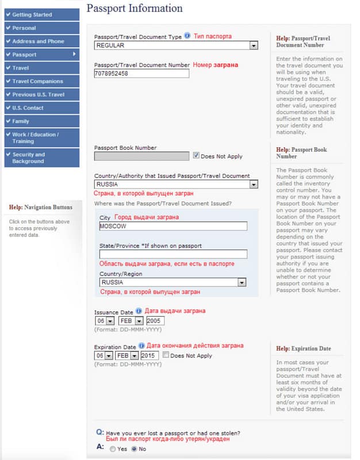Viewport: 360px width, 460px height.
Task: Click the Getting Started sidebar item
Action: [x=41, y=14]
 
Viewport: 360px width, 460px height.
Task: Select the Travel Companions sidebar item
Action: [x=41, y=81]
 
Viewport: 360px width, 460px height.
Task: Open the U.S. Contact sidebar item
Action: [x=41, y=108]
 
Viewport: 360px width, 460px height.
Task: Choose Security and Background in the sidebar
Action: [x=41, y=158]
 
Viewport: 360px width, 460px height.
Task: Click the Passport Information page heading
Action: [x=134, y=9]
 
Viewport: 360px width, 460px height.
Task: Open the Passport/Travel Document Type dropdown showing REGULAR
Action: [x=176, y=45]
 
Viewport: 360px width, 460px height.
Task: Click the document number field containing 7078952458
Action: [x=141, y=74]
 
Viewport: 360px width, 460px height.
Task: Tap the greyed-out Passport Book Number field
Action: [x=141, y=156]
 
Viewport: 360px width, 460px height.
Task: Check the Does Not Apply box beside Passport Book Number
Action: [x=197, y=155]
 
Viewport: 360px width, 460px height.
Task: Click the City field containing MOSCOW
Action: [x=173, y=226]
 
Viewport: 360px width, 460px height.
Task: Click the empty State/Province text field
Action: [x=173, y=254]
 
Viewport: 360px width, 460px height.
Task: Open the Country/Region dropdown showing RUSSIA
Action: [x=173, y=282]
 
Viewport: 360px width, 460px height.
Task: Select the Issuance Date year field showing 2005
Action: [x=155, y=320]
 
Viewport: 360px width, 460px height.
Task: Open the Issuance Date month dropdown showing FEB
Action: [x=129, y=320]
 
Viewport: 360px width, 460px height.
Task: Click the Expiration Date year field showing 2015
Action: [x=150, y=355]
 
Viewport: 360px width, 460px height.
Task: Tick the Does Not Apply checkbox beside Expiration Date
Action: [x=166, y=355]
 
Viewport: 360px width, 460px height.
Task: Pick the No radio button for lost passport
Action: [x=135, y=448]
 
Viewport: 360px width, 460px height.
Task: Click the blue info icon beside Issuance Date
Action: [x=139, y=311]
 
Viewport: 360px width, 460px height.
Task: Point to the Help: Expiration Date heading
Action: [x=303, y=348]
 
